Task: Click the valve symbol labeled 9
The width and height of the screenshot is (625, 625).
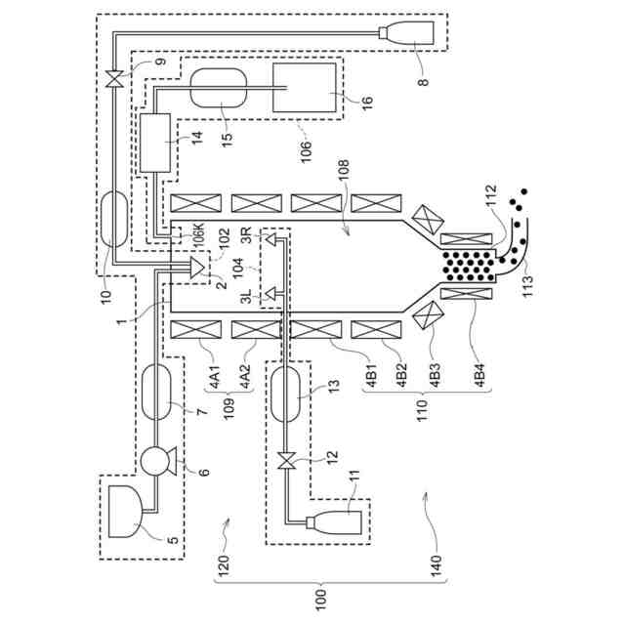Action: point(114,78)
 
